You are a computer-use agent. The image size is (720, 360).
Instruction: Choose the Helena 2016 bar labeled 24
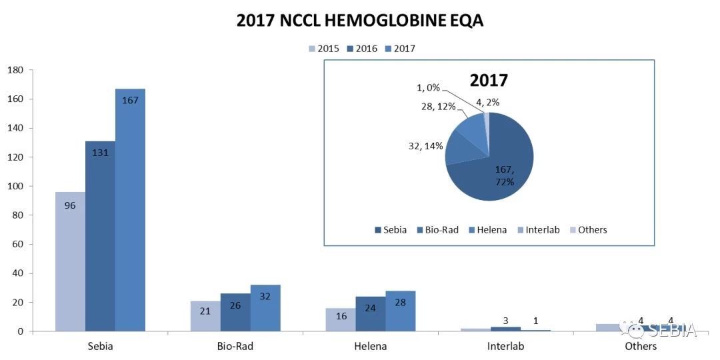tap(370, 314)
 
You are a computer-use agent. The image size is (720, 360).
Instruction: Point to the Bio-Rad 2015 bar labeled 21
tap(205, 316)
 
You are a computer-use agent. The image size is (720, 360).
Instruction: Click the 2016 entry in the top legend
tap(361, 49)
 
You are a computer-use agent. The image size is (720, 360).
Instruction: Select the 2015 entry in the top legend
tap(323, 49)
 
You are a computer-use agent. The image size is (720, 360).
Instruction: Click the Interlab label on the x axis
tap(505, 347)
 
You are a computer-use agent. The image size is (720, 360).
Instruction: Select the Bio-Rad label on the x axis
tap(235, 347)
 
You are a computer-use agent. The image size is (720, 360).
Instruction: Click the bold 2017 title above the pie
tap(489, 81)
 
